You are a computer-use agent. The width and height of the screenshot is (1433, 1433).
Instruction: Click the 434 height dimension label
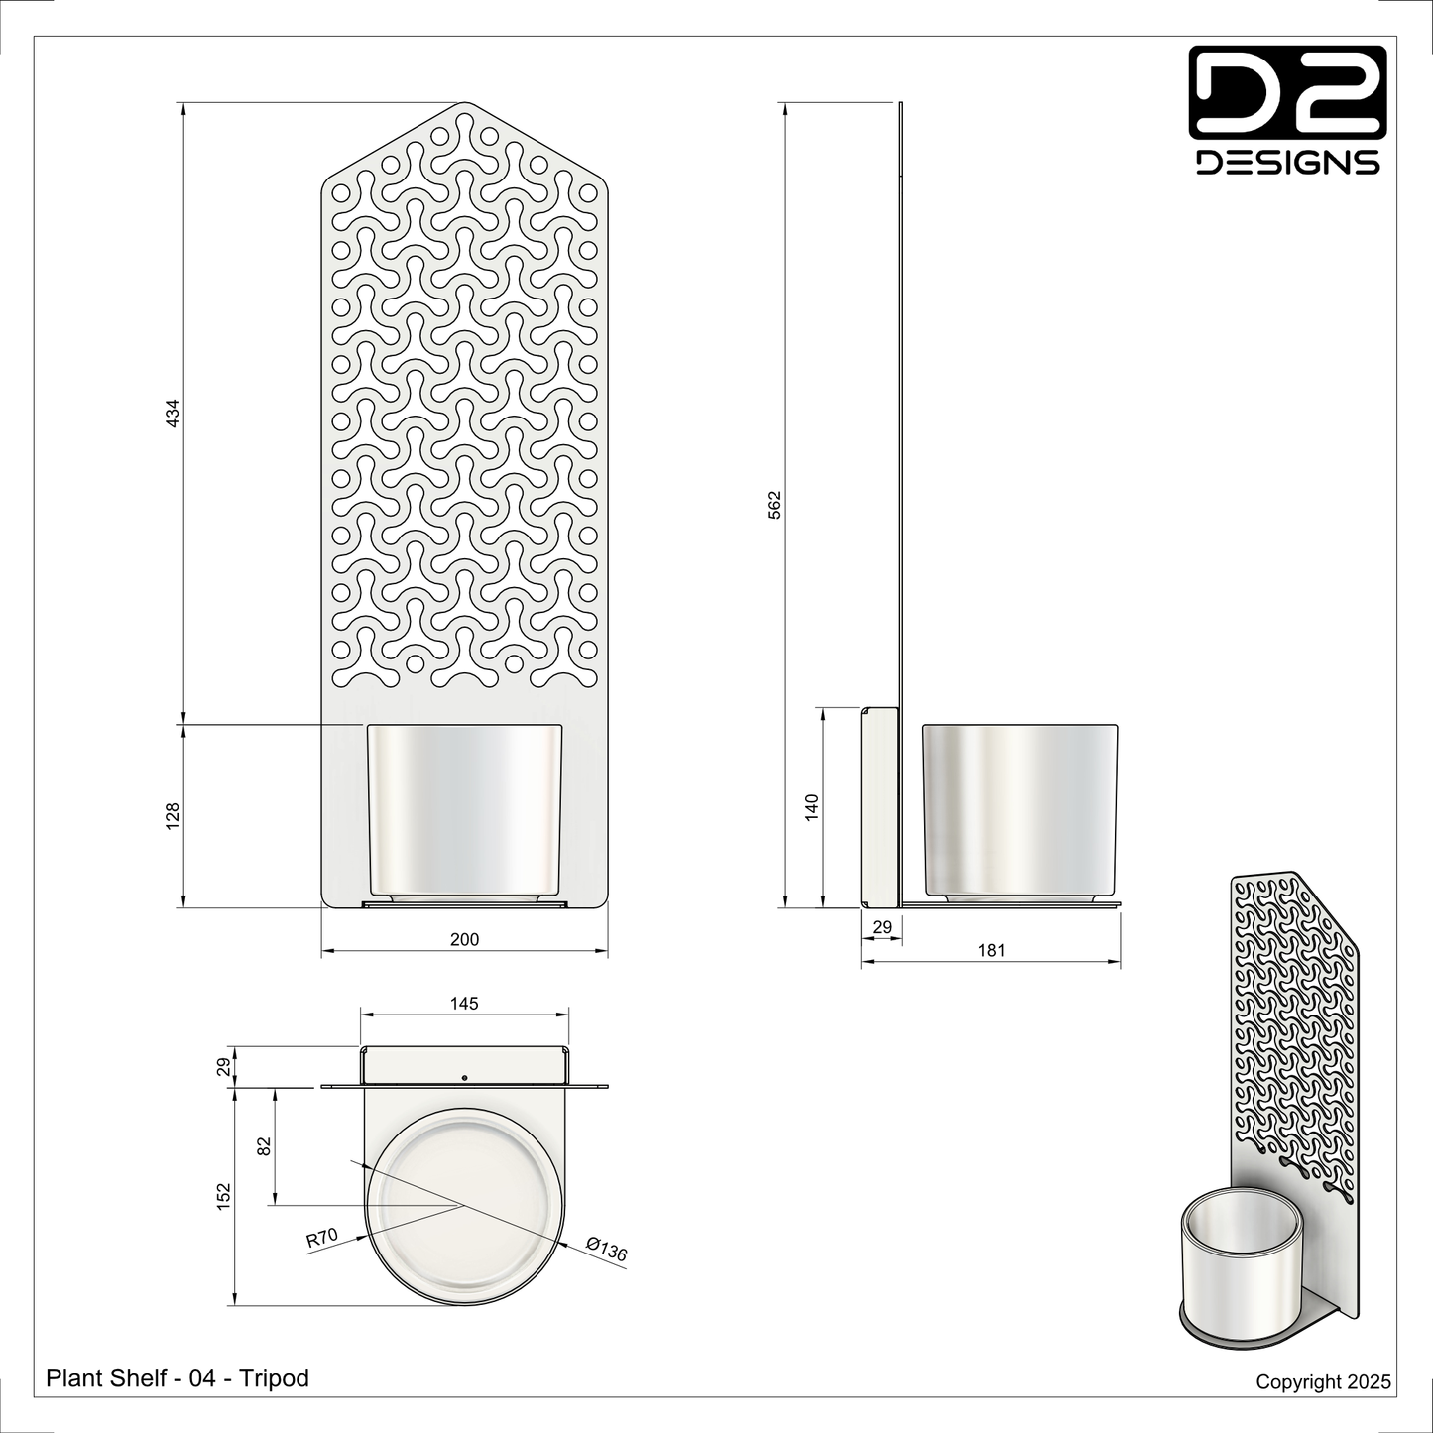[x=172, y=414]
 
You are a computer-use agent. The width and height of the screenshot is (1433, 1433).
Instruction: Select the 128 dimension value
[x=172, y=816]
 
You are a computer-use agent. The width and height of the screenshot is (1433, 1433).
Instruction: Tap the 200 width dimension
[x=464, y=939]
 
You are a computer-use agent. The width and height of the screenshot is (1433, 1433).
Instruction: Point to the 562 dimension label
[x=775, y=504]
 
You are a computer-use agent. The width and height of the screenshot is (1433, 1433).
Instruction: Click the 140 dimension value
[x=812, y=806]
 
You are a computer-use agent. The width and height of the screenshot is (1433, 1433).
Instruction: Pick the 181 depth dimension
[x=991, y=950]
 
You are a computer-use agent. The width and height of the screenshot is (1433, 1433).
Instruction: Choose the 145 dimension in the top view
[x=464, y=1003]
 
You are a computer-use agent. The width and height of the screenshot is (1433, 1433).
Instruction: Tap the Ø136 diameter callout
[x=606, y=1249]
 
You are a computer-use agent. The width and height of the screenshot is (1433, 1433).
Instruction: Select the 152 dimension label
[x=224, y=1195]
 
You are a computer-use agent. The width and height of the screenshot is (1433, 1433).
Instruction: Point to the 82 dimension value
[x=264, y=1146]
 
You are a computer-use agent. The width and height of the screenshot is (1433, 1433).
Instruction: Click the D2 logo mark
[x=1287, y=92]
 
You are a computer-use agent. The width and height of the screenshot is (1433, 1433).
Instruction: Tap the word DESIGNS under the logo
[x=1287, y=163]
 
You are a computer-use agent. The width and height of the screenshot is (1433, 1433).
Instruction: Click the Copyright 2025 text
[x=1323, y=1381]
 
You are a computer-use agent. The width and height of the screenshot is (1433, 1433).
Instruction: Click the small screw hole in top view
[x=464, y=1077]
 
